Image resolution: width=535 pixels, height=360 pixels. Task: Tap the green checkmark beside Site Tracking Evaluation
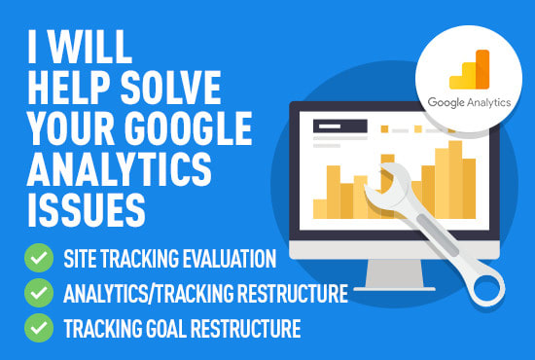(x=39, y=260)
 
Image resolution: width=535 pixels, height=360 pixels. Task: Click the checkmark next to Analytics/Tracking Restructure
(x=39, y=292)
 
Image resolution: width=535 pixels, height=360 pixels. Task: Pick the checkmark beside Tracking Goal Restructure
(x=39, y=325)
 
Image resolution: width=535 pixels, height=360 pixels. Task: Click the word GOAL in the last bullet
(x=170, y=326)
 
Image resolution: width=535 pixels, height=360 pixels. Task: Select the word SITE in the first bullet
(x=85, y=260)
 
